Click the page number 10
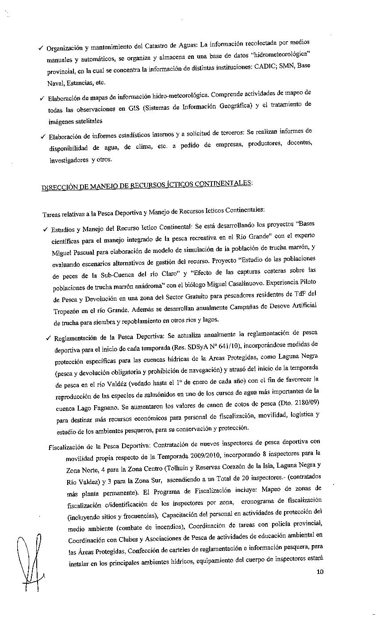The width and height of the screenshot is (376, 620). pyautogui.click(x=320, y=572)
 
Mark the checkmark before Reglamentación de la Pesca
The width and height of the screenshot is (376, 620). pyautogui.click(x=48, y=339)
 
